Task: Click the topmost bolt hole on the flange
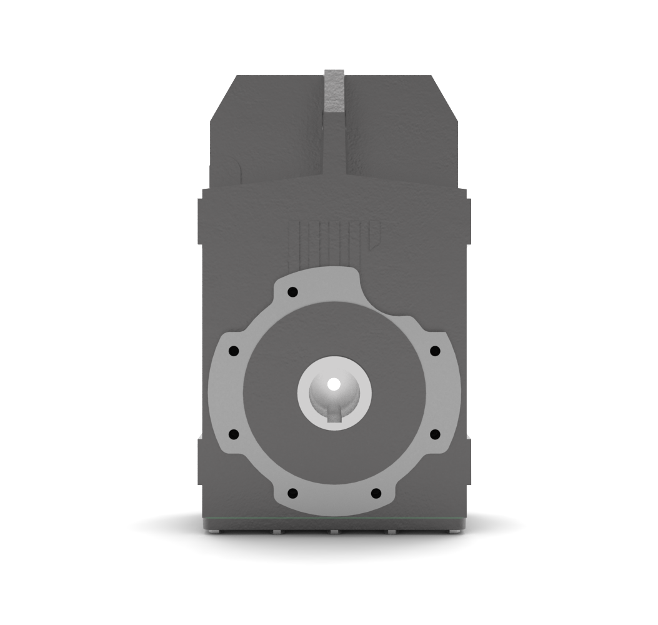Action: pyautogui.click(x=292, y=292)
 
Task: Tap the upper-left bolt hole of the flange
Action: pyautogui.click(x=234, y=351)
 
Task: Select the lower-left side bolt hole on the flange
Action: pyautogui.click(x=234, y=433)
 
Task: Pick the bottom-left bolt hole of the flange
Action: pyautogui.click(x=292, y=493)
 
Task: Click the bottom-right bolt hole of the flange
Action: pyautogui.click(x=376, y=493)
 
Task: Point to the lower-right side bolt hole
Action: pyautogui.click(x=435, y=433)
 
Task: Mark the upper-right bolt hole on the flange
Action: pyautogui.click(x=435, y=351)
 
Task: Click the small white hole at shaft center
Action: pyautogui.click(x=334, y=384)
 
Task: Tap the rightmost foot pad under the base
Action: pyautogui.click(x=455, y=532)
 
